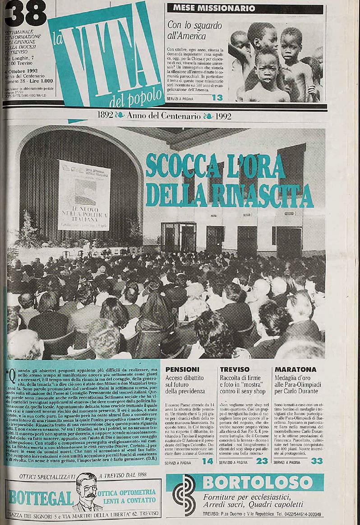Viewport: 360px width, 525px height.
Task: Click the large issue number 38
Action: click(25, 14)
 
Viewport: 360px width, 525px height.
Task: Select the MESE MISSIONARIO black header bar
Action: click(245, 9)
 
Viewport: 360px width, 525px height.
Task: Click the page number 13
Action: click(217, 98)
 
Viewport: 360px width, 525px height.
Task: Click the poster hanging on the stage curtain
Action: click(84, 195)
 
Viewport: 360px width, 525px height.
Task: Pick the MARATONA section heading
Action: click(289, 369)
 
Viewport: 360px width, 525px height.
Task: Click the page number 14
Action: click(208, 461)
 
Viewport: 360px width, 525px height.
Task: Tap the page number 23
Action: click(262, 461)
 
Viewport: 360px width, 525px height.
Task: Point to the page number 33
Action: click(317, 461)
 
